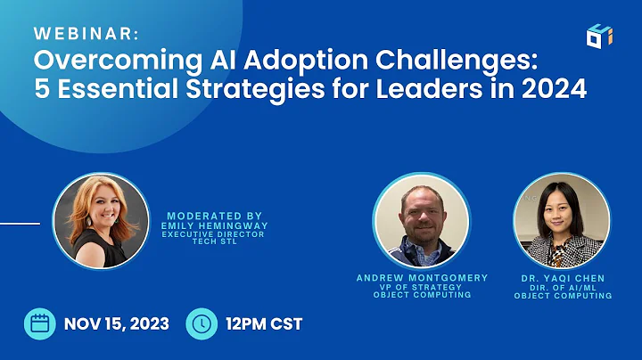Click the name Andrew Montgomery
point(422,278)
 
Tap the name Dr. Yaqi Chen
point(563,278)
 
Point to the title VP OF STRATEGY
point(422,287)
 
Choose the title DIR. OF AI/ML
point(563,287)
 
